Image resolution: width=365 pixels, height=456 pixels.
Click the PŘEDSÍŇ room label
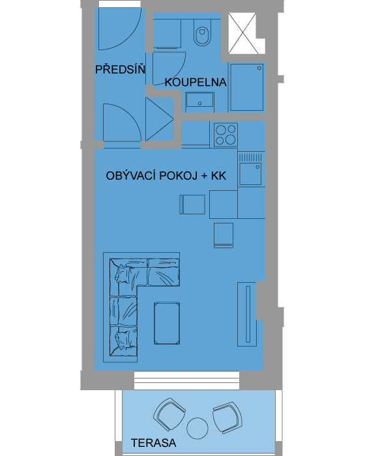120,69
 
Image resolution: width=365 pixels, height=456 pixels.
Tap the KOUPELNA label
196,82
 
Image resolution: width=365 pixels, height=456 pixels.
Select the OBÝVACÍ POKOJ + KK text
166,176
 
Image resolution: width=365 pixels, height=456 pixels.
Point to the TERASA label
154,442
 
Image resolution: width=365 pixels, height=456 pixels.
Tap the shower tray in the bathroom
247,87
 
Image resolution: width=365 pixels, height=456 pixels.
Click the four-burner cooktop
226,135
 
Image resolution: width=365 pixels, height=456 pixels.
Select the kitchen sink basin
250,174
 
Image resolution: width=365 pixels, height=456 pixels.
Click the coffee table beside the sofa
167,323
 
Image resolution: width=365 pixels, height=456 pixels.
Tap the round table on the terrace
197,429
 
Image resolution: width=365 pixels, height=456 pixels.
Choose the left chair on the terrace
169,414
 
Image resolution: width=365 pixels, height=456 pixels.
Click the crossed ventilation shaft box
242,33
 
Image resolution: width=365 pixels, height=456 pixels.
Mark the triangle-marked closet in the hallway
160,119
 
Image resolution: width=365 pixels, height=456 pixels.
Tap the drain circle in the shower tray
259,68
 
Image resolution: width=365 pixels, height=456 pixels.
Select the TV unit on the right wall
247,314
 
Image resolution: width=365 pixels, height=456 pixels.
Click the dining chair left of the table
192,205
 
